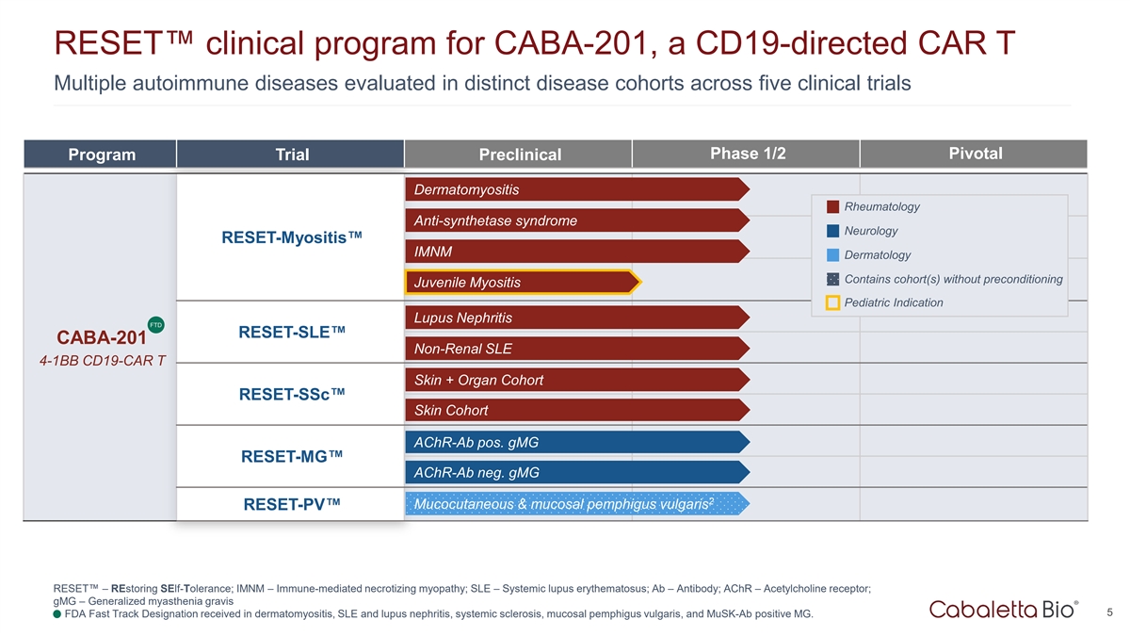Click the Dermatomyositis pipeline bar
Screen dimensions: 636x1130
click(x=574, y=190)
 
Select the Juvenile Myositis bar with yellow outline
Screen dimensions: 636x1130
click(x=521, y=282)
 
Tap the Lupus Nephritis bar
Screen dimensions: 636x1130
click(x=574, y=318)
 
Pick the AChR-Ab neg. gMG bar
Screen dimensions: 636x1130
click(x=574, y=472)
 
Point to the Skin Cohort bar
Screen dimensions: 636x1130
click(x=574, y=410)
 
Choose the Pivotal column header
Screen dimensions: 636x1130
click(x=975, y=154)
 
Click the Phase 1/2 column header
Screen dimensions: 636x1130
click(x=748, y=154)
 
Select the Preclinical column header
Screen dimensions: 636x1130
click(x=519, y=155)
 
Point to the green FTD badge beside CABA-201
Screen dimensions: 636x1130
click(x=155, y=325)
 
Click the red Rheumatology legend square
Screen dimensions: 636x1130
click(x=832, y=207)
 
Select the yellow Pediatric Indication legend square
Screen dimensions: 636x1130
click(x=832, y=302)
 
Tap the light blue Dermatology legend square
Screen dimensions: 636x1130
click(x=832, y=255)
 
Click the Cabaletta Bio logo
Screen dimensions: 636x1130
click(x=1003, y=610)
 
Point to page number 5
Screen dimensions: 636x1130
click(x=1111, y=612)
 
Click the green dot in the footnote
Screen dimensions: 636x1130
click(x=57, y=615)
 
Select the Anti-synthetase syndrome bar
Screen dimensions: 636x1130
click(x=574, y=221)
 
